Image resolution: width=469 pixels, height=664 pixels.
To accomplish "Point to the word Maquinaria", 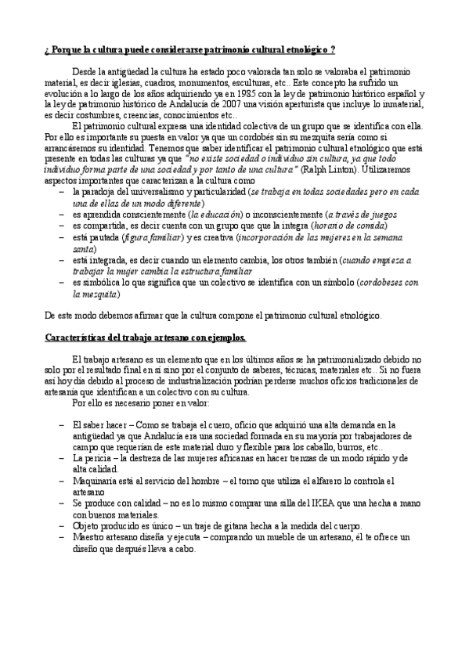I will (95, 481).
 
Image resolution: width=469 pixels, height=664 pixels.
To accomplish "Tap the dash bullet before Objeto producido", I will (62, 526).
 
